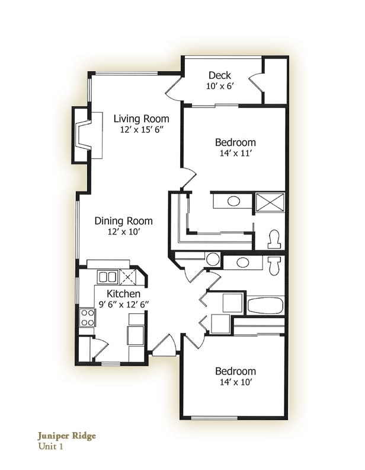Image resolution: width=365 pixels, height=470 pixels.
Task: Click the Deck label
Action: point(220,75)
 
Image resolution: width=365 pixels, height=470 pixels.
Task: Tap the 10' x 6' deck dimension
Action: point(220,86)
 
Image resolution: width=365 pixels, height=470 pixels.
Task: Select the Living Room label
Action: point(142,119)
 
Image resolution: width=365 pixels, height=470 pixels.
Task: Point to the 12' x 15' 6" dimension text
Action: point(142,129)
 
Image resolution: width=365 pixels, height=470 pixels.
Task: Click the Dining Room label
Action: point(124,221)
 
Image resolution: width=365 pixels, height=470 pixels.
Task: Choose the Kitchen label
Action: point(123,294)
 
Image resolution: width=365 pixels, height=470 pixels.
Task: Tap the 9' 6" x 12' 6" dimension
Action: point(123,304)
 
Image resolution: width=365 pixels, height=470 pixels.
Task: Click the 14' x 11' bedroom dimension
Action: point(235,153)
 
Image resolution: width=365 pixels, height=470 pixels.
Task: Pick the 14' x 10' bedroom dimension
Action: point(235,383)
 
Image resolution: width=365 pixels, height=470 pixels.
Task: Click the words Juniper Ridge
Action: point(67,436)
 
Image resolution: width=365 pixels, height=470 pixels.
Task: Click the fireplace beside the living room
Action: point(84,135)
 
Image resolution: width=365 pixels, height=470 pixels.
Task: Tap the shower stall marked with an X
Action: point(270,202)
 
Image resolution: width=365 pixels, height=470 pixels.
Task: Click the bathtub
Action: point(264,306)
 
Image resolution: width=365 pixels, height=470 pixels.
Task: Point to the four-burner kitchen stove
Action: point(87,317)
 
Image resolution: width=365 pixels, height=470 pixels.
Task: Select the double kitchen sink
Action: point(107,277)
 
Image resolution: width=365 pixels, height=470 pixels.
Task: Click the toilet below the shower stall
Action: point(274,239)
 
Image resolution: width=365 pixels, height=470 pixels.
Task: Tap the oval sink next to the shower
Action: point(234,202)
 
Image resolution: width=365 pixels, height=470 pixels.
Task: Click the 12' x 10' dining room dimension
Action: point(124,232)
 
